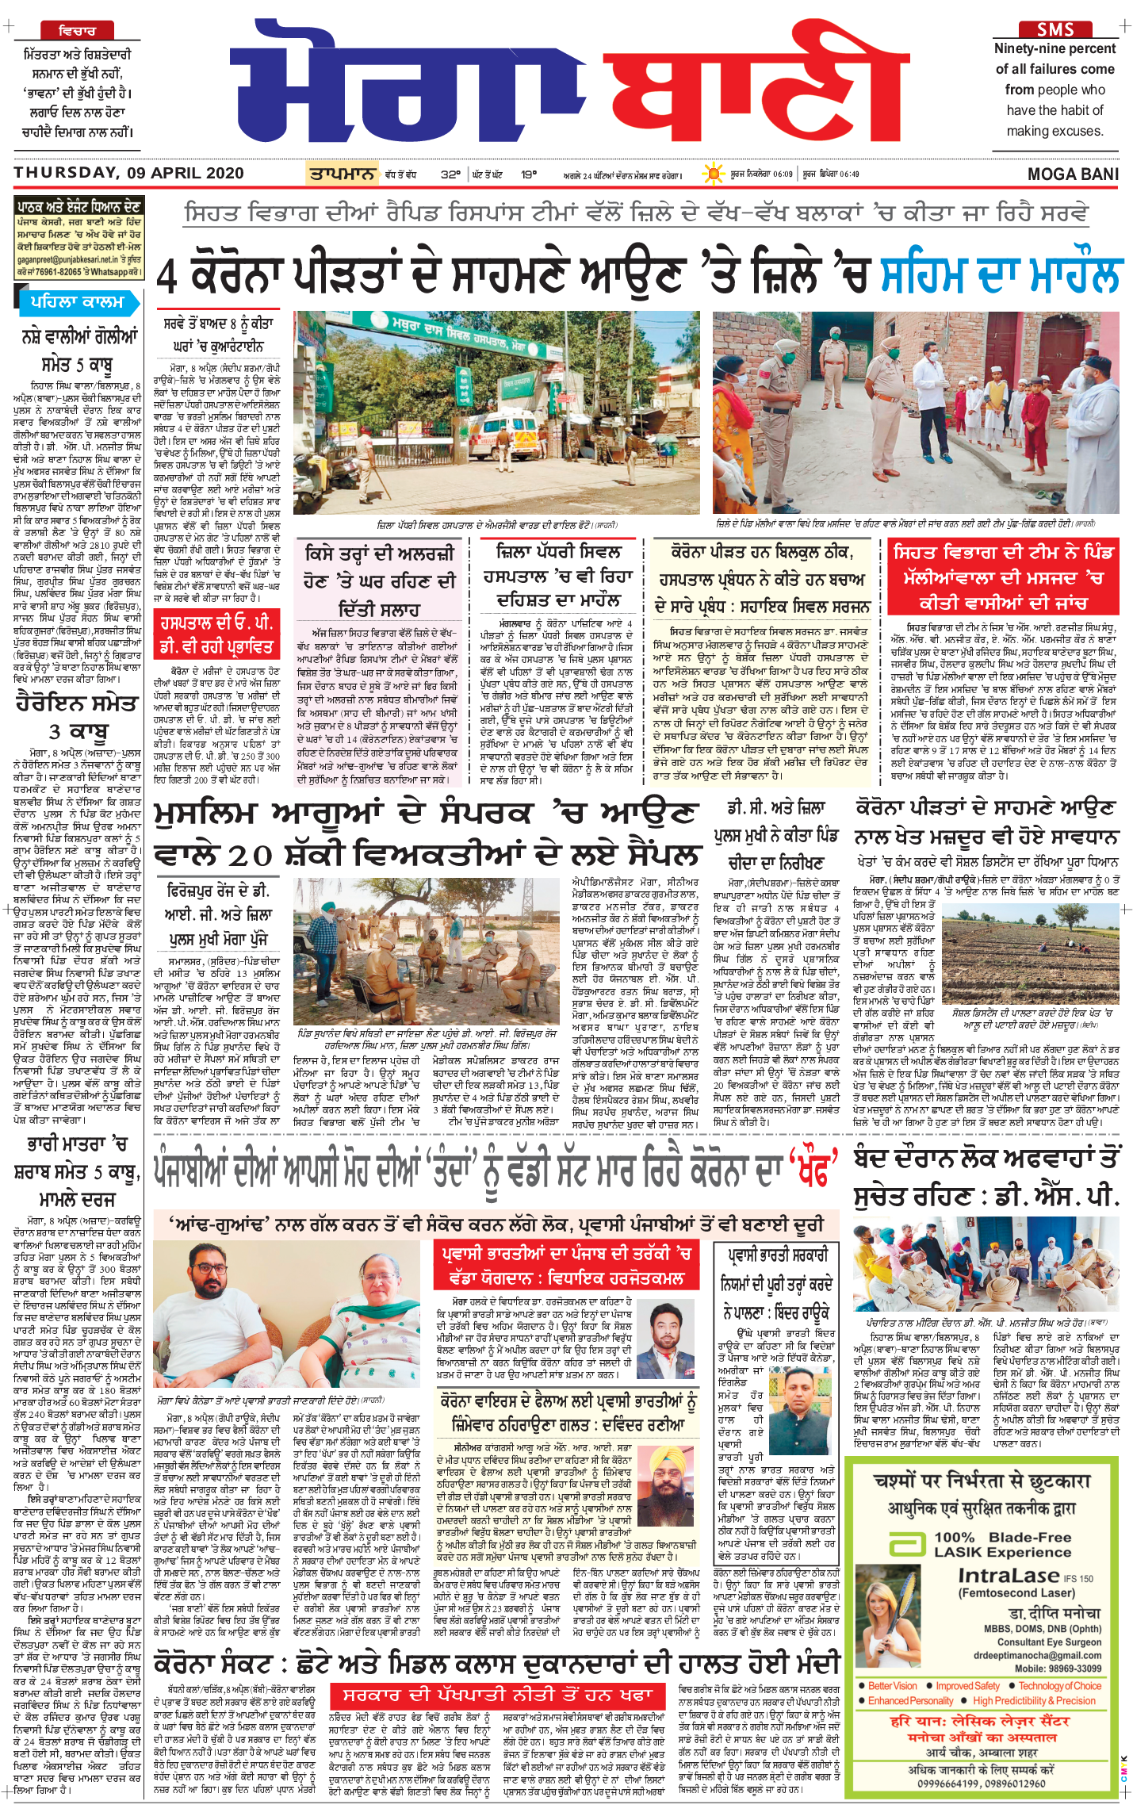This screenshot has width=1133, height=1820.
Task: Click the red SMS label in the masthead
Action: (1055, 29)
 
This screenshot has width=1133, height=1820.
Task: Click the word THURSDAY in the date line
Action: (65, 173)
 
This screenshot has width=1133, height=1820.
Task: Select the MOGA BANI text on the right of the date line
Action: (1073, 174)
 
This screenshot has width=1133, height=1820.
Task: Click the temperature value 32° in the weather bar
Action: (450, 174)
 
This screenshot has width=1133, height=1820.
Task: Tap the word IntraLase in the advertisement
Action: (1009, 1575)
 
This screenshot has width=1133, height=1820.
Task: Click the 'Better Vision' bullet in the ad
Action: (892, 1686)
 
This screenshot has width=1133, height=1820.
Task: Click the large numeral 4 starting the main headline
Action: (167, 276)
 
